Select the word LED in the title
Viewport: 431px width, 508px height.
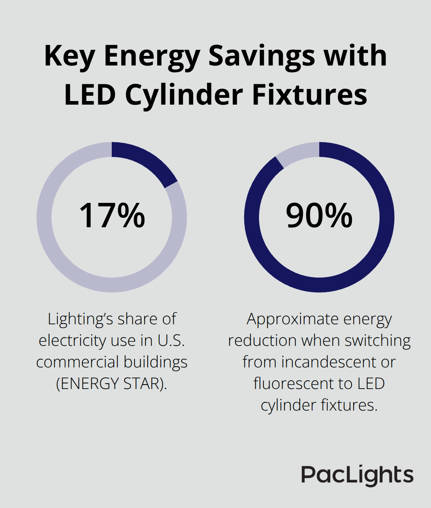tap(92, 95)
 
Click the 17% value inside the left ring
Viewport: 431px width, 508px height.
tap(112, 216)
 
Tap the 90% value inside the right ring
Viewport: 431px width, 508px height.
tap(319, 216)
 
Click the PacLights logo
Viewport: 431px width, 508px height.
tap(357, 475)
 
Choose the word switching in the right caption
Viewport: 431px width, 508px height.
tap(378, 341)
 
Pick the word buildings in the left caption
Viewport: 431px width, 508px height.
tap(155, 362)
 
